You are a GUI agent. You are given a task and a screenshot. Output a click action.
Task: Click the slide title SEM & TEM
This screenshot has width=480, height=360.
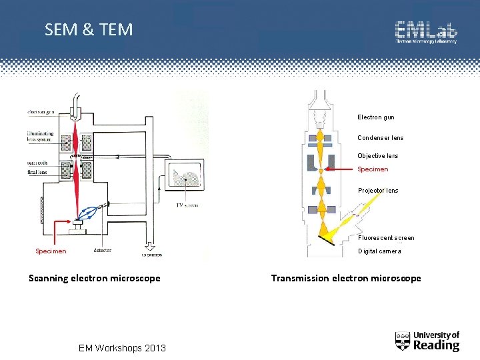tap(89, 29)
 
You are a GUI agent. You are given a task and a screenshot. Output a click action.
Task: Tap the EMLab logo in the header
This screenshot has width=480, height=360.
tap(426, 31)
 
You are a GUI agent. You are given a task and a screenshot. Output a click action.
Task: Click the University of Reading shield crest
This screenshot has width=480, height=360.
tap(403, 341)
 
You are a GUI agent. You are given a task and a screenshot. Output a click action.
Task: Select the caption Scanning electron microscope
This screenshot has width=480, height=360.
tap(95, 278)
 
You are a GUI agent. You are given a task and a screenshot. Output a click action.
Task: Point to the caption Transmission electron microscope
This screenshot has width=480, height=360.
tap(346, 278)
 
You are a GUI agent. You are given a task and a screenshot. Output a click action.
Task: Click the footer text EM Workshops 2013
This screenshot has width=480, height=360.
tap(122, 347)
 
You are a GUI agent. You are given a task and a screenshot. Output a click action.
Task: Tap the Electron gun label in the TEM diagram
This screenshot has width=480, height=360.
tap(375, 117)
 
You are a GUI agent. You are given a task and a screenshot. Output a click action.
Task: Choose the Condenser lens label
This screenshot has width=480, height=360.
tap(380, 138)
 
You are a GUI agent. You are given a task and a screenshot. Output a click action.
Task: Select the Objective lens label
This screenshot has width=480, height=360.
tap(377, 156)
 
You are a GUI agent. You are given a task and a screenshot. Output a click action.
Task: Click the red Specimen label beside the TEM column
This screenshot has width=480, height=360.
tap(373, 169)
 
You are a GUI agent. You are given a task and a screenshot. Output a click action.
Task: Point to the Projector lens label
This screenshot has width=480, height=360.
tap(378, 191)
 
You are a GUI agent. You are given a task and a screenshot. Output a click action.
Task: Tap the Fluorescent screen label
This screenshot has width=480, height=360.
tap(386, 238)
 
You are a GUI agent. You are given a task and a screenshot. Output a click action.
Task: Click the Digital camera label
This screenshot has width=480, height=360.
tap(379, 251)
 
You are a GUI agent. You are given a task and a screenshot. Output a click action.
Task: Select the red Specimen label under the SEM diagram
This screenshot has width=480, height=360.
tap(51, 251)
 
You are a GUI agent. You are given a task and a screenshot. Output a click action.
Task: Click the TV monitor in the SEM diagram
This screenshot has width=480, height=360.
tap(186, 177)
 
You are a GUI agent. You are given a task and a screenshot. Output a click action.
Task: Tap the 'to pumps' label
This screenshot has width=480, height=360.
tap(151, 255)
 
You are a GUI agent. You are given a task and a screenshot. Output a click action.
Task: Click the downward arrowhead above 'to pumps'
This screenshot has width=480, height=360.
tap(151, 245)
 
